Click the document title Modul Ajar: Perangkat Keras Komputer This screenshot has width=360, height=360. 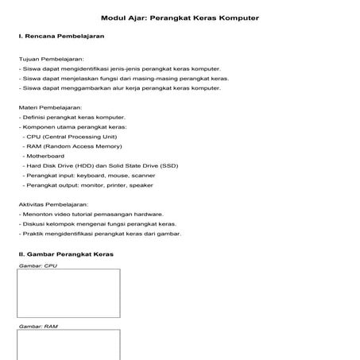pos(180,17)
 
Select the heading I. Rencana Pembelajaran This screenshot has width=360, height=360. pos(61,37)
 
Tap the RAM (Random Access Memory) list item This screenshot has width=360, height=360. pos(75,146)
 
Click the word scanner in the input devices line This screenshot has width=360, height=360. pos(143,175)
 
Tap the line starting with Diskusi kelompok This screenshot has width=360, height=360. pos(98,223)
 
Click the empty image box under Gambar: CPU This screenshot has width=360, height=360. pos(69,293)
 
